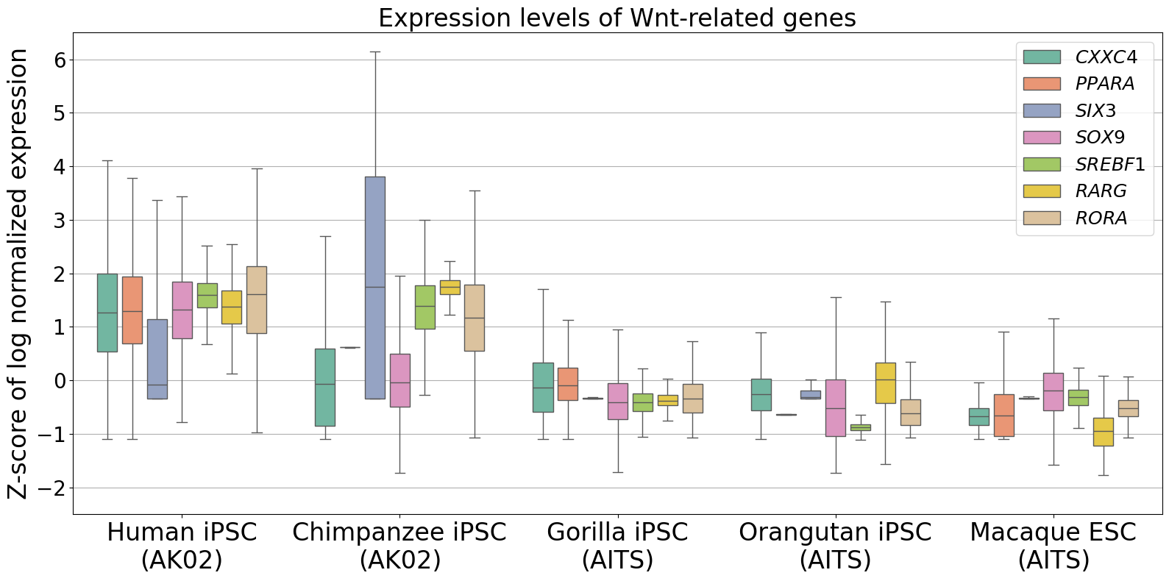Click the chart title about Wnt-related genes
617,18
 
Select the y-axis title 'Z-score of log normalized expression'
18,274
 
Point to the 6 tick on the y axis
60,60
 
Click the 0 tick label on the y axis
60,381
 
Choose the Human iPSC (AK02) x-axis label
182,546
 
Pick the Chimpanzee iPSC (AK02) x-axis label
399,546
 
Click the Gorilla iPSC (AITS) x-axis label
617,546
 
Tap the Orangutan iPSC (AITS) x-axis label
835,546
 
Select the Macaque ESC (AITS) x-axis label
1053,546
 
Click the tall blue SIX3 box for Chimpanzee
375,287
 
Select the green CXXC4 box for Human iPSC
107,313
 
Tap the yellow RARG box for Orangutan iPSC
886,382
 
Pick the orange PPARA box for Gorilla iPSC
568,384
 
